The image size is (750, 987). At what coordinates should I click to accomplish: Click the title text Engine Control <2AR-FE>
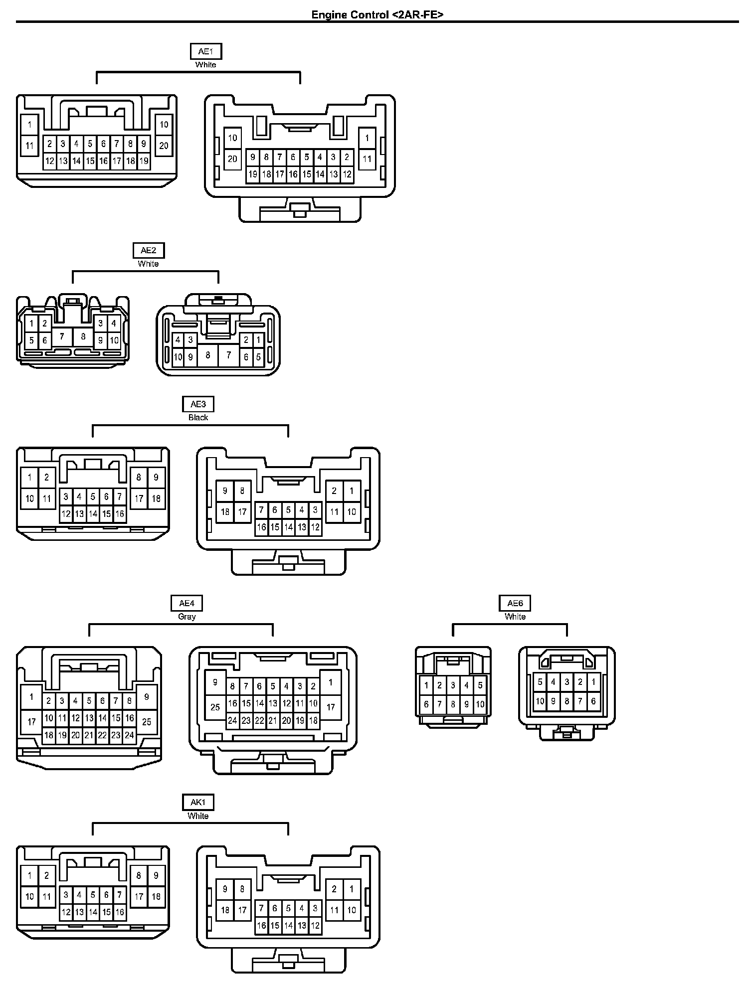(x=377, y=14)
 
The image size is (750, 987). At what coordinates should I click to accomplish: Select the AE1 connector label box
(x=205, y=51)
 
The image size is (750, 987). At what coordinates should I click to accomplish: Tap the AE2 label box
(x=148, y=250)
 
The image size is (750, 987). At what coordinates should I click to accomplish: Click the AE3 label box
(x=198, y=404)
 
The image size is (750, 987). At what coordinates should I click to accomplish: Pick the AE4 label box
(x=187, y=603)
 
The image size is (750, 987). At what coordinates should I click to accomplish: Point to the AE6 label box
(x=515, y=603)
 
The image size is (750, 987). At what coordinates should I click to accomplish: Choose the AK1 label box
(x=198, y=802)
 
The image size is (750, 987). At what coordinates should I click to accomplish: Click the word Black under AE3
(x=198, y=418)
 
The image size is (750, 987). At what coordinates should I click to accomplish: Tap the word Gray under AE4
(x=187, y=617)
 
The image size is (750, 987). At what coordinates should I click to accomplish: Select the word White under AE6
(x=515, y=617)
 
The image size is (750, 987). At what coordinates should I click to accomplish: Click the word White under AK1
(x=198, y=816)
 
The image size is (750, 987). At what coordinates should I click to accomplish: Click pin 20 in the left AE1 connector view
(x=164, y=146)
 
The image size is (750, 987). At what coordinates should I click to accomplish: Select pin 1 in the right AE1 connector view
(x=367, y=138)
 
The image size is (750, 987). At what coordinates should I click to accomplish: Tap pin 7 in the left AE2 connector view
(x=62, y=336)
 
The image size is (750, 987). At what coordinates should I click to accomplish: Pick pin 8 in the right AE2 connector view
(x=208, y=355)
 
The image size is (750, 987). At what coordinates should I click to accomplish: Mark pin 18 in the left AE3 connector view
(x=156, y=498)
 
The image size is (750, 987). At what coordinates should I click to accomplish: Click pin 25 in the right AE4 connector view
(x=215, y=707)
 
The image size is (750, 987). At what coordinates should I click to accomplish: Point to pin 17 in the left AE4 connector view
(x=31, y=721)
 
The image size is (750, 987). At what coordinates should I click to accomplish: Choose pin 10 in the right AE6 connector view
(x=540, y=701)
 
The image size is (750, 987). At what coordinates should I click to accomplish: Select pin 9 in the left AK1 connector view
(x=156, y=875)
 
